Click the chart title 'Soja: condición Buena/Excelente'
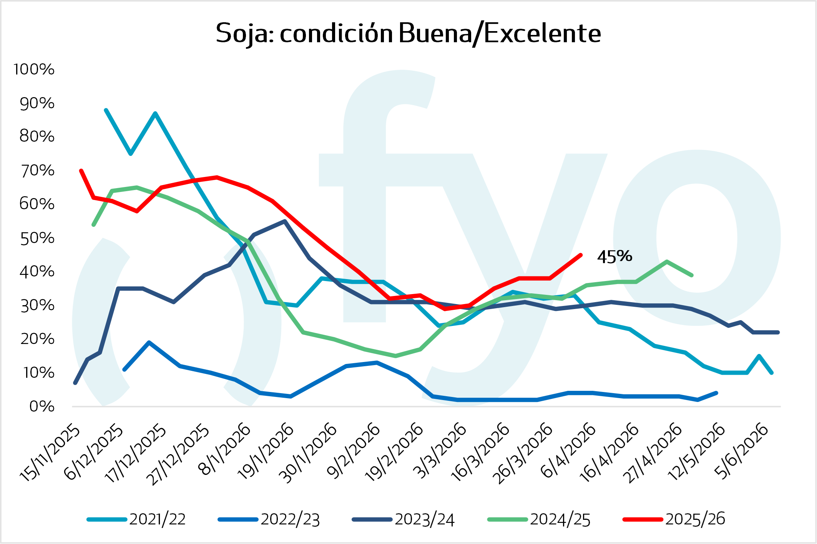click(x=408, y=33)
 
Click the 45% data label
click(x=614, y=257)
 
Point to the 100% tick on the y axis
click(x=34, y=69)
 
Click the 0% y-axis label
click(x=42, y=407)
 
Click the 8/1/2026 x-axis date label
click(x=225, y=449)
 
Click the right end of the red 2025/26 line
click(x=581, y=255)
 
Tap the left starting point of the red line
click(x=81, y=171)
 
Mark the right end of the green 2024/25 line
click(x=692, y=275)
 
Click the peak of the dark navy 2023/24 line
click(x=284, y=221)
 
